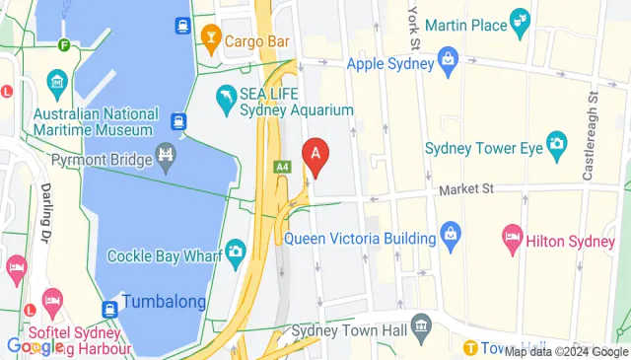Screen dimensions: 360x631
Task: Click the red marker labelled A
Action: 315,156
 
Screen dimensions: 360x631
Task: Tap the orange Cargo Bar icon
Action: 210,40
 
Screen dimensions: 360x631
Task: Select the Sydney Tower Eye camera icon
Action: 556,144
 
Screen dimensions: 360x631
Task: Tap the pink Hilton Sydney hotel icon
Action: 512,237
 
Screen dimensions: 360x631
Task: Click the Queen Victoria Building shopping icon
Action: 451,237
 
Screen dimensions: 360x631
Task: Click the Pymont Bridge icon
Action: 165,157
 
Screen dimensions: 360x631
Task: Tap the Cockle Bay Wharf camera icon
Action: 235,252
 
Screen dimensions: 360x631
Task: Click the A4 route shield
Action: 283,169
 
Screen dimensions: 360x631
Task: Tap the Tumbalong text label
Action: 164,302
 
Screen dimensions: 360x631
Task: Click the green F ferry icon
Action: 64,44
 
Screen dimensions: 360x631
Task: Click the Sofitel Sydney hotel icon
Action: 53,298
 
